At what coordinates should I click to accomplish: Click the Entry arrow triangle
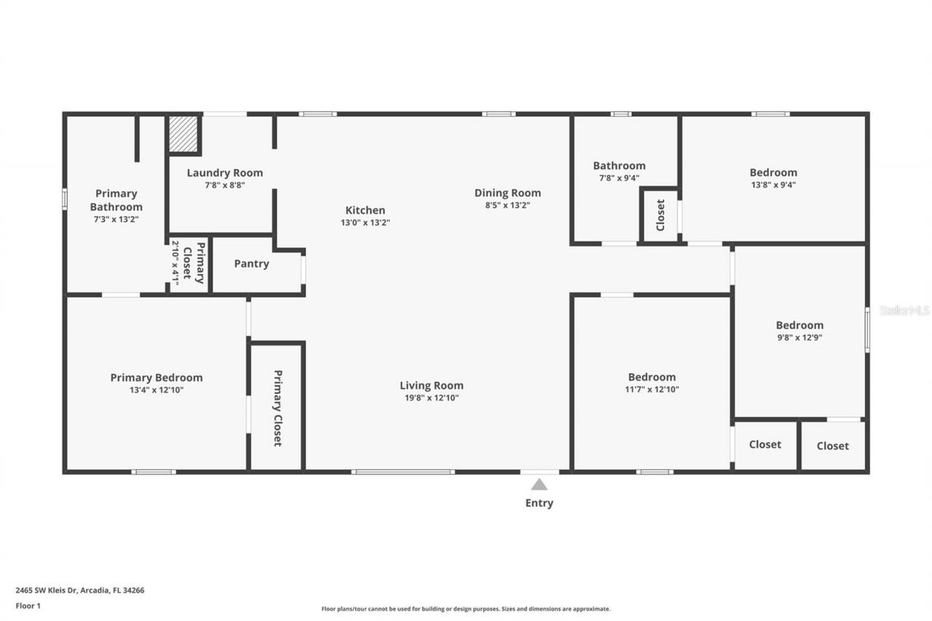point(539,484)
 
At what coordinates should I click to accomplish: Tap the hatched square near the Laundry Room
point(183,134)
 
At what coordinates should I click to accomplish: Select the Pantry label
point(251,264)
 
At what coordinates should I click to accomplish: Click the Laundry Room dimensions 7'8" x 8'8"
point(225,185)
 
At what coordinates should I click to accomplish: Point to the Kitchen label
point(365,210)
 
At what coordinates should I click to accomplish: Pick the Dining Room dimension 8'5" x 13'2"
point(508,205)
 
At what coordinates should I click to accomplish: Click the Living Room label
point(431,385)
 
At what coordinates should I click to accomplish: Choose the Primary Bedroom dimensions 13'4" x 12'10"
point(156,390)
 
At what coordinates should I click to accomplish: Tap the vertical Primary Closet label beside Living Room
point(277,408)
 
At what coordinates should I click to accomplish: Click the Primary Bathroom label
point(116,200)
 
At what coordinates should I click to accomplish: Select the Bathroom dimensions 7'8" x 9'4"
point(619,178)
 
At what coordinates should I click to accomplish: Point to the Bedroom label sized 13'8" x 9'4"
point(773,173)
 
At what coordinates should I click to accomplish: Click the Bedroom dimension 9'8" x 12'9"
point(799,337)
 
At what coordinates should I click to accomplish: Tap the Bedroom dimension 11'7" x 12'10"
point(652,389)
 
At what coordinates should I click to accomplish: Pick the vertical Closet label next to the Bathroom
point(660,215)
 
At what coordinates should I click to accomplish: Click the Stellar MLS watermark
point(904,310)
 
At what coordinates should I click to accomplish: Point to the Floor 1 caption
point(28,605)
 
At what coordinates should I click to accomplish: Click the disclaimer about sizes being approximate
point(466,609)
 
